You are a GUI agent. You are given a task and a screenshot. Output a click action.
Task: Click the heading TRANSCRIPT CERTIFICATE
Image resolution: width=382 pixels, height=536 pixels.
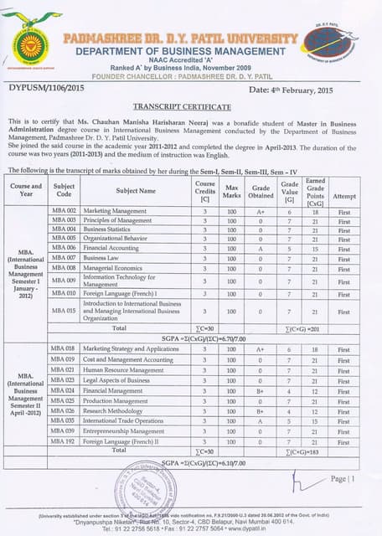[x=182, y=107]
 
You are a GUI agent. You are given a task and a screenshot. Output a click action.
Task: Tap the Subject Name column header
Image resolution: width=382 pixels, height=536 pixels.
[x=136, y=190]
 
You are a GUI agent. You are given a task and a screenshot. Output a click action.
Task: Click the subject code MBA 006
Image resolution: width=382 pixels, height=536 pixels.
[x=65, y=248]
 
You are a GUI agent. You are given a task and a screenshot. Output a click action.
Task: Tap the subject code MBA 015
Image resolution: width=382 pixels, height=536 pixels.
[x=65, y=311]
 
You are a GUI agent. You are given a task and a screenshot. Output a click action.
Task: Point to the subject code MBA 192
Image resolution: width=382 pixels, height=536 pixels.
[x=65, y=441]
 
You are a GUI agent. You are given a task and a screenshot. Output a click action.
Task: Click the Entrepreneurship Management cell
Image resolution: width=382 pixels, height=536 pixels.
[x=123, y=430]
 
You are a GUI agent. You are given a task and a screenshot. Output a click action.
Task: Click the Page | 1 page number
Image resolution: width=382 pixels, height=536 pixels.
[x=343, y=478]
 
